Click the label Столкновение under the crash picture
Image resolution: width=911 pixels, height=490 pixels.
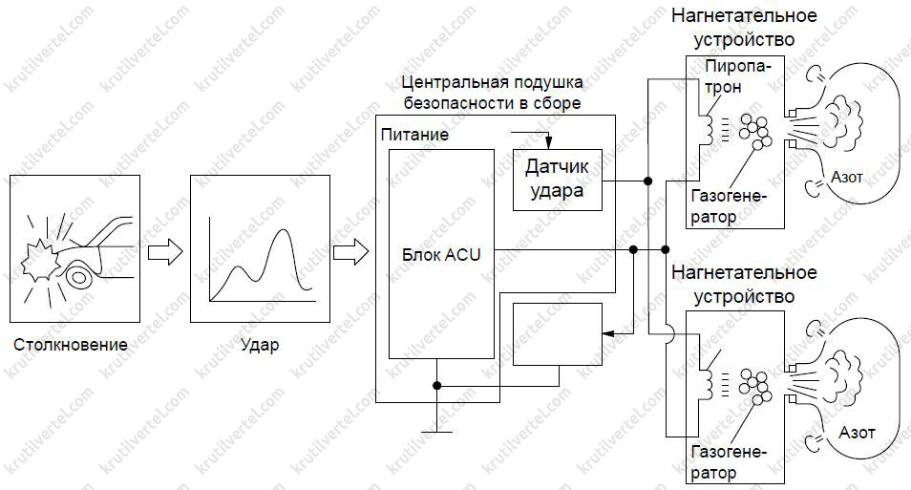click(71, 344)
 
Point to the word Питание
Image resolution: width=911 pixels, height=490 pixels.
click(413, 135)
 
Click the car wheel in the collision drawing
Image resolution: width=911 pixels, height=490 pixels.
click(78, 277)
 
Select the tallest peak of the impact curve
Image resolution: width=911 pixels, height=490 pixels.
click(283, 231)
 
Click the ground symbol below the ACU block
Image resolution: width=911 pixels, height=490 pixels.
click(436, 427)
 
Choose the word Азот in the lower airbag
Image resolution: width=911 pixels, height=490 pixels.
click(857, 433)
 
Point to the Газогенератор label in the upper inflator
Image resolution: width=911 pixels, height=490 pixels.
click(727, 206)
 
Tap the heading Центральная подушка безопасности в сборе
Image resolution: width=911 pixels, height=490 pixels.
click(493, 93)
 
